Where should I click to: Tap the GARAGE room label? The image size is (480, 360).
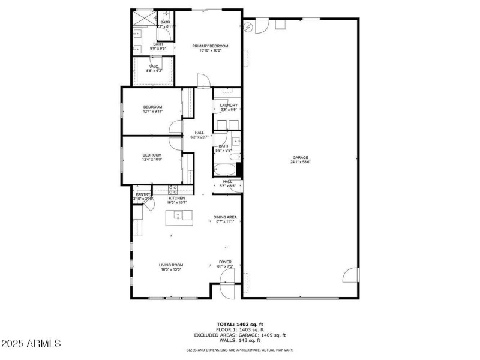pyautogui.click(x=301, y=158)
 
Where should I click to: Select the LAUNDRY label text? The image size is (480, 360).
pyautogui.click(x=229, y=106)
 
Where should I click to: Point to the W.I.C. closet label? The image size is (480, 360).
pyautogui.click(x=154, y=67)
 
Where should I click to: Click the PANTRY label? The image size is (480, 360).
pyautogui.click(x=143, y=194)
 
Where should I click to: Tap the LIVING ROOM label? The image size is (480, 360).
pyautogui.click(x=171, y=265)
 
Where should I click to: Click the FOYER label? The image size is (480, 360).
pyautogui.click(x=225, y=262)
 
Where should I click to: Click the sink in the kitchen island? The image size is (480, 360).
pyautogui.click(x=178, y=215)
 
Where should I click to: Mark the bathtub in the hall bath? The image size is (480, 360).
pyautogui.click(x=223, y=169)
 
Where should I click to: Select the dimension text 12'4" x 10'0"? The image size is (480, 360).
pyautogui.click(x=152, y=159)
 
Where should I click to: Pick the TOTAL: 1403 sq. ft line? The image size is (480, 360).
pyautogui.click(x=239, y=325)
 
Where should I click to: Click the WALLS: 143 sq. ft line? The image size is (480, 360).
pyautogui.click(x=239, y=340)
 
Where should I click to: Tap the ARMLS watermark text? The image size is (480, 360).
pyautogui.click(x=31, y=344)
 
